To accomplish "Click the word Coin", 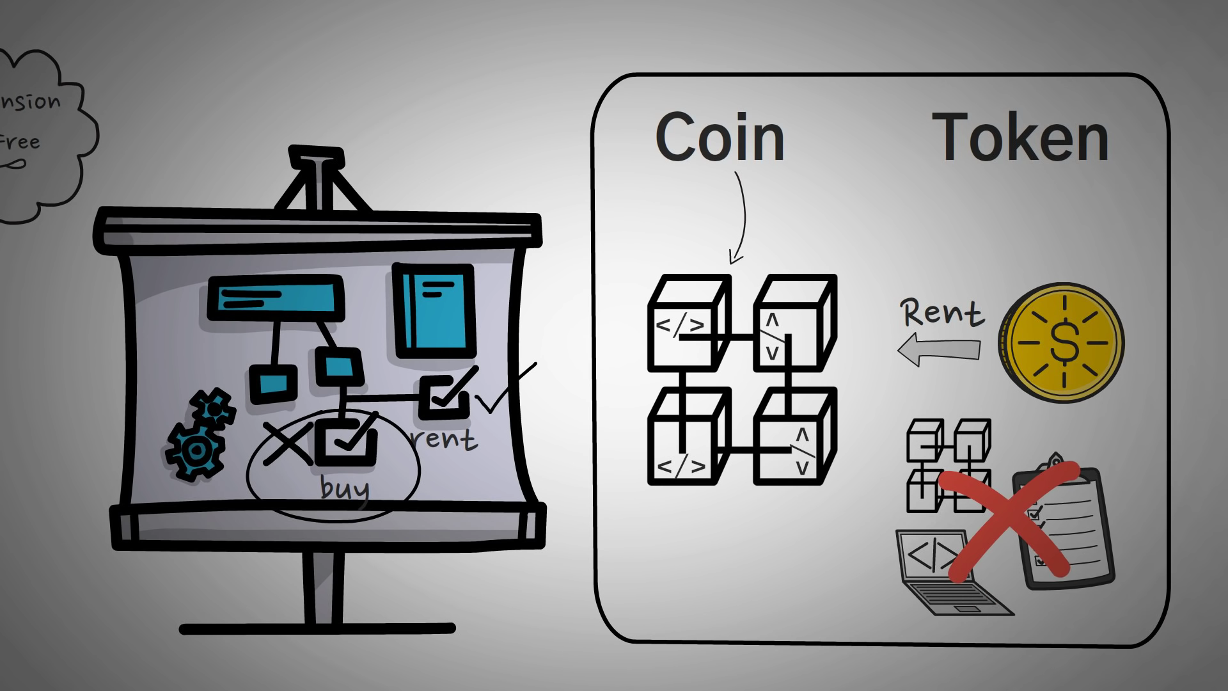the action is point(720,137).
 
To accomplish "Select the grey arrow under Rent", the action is point(938,349).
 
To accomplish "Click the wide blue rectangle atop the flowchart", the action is point(275,298).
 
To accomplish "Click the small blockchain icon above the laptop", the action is point(949,465).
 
